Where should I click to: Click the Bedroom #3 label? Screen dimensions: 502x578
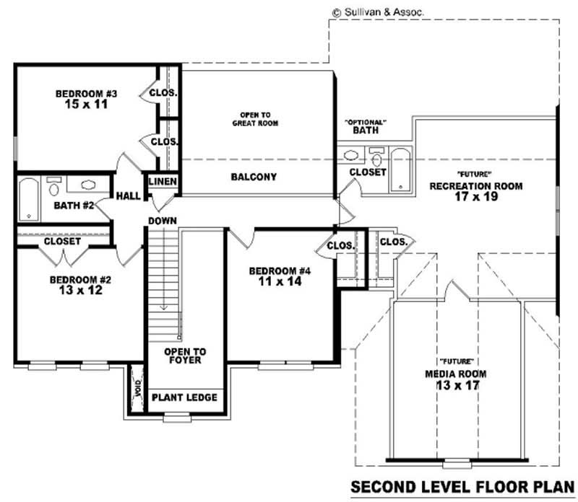tap(81, 94)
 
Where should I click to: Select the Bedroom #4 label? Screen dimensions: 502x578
tap(280, 271)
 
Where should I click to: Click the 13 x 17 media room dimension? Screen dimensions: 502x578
tap(454, 386)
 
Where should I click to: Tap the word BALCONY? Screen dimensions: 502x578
tap(254, 177)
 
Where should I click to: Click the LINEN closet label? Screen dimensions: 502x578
tap(162, 181)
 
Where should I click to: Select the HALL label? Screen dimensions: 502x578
tap(129, 195)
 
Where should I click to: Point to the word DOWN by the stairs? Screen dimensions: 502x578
tap(163, 220)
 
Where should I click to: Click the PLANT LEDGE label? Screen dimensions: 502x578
tap(184, 397)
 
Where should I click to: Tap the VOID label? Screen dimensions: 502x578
tap(136, 389)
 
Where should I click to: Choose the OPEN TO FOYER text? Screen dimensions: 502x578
tap(185, 356)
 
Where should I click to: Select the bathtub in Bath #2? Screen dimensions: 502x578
tap(27, 198)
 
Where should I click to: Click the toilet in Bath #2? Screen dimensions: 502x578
tap(53, 188)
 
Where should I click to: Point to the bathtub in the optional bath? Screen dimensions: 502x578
tap(400, 169)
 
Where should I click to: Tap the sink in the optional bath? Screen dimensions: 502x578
tap(353, 154)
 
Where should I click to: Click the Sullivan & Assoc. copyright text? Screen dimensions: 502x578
tap(377, 12)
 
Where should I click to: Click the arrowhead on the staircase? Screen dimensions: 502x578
tap(164, 307)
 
